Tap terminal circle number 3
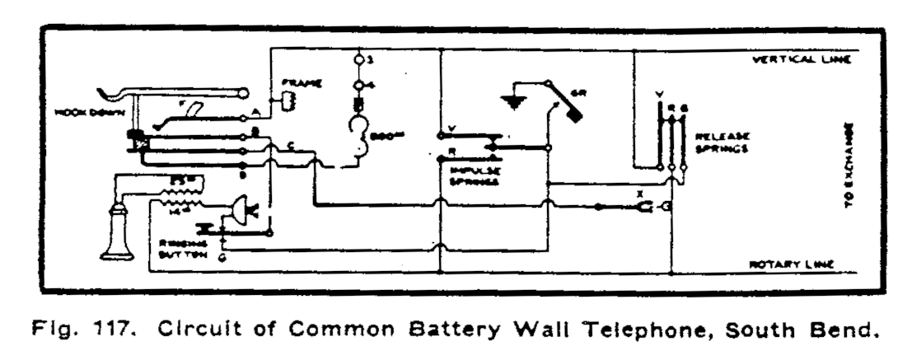click(359, 60)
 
